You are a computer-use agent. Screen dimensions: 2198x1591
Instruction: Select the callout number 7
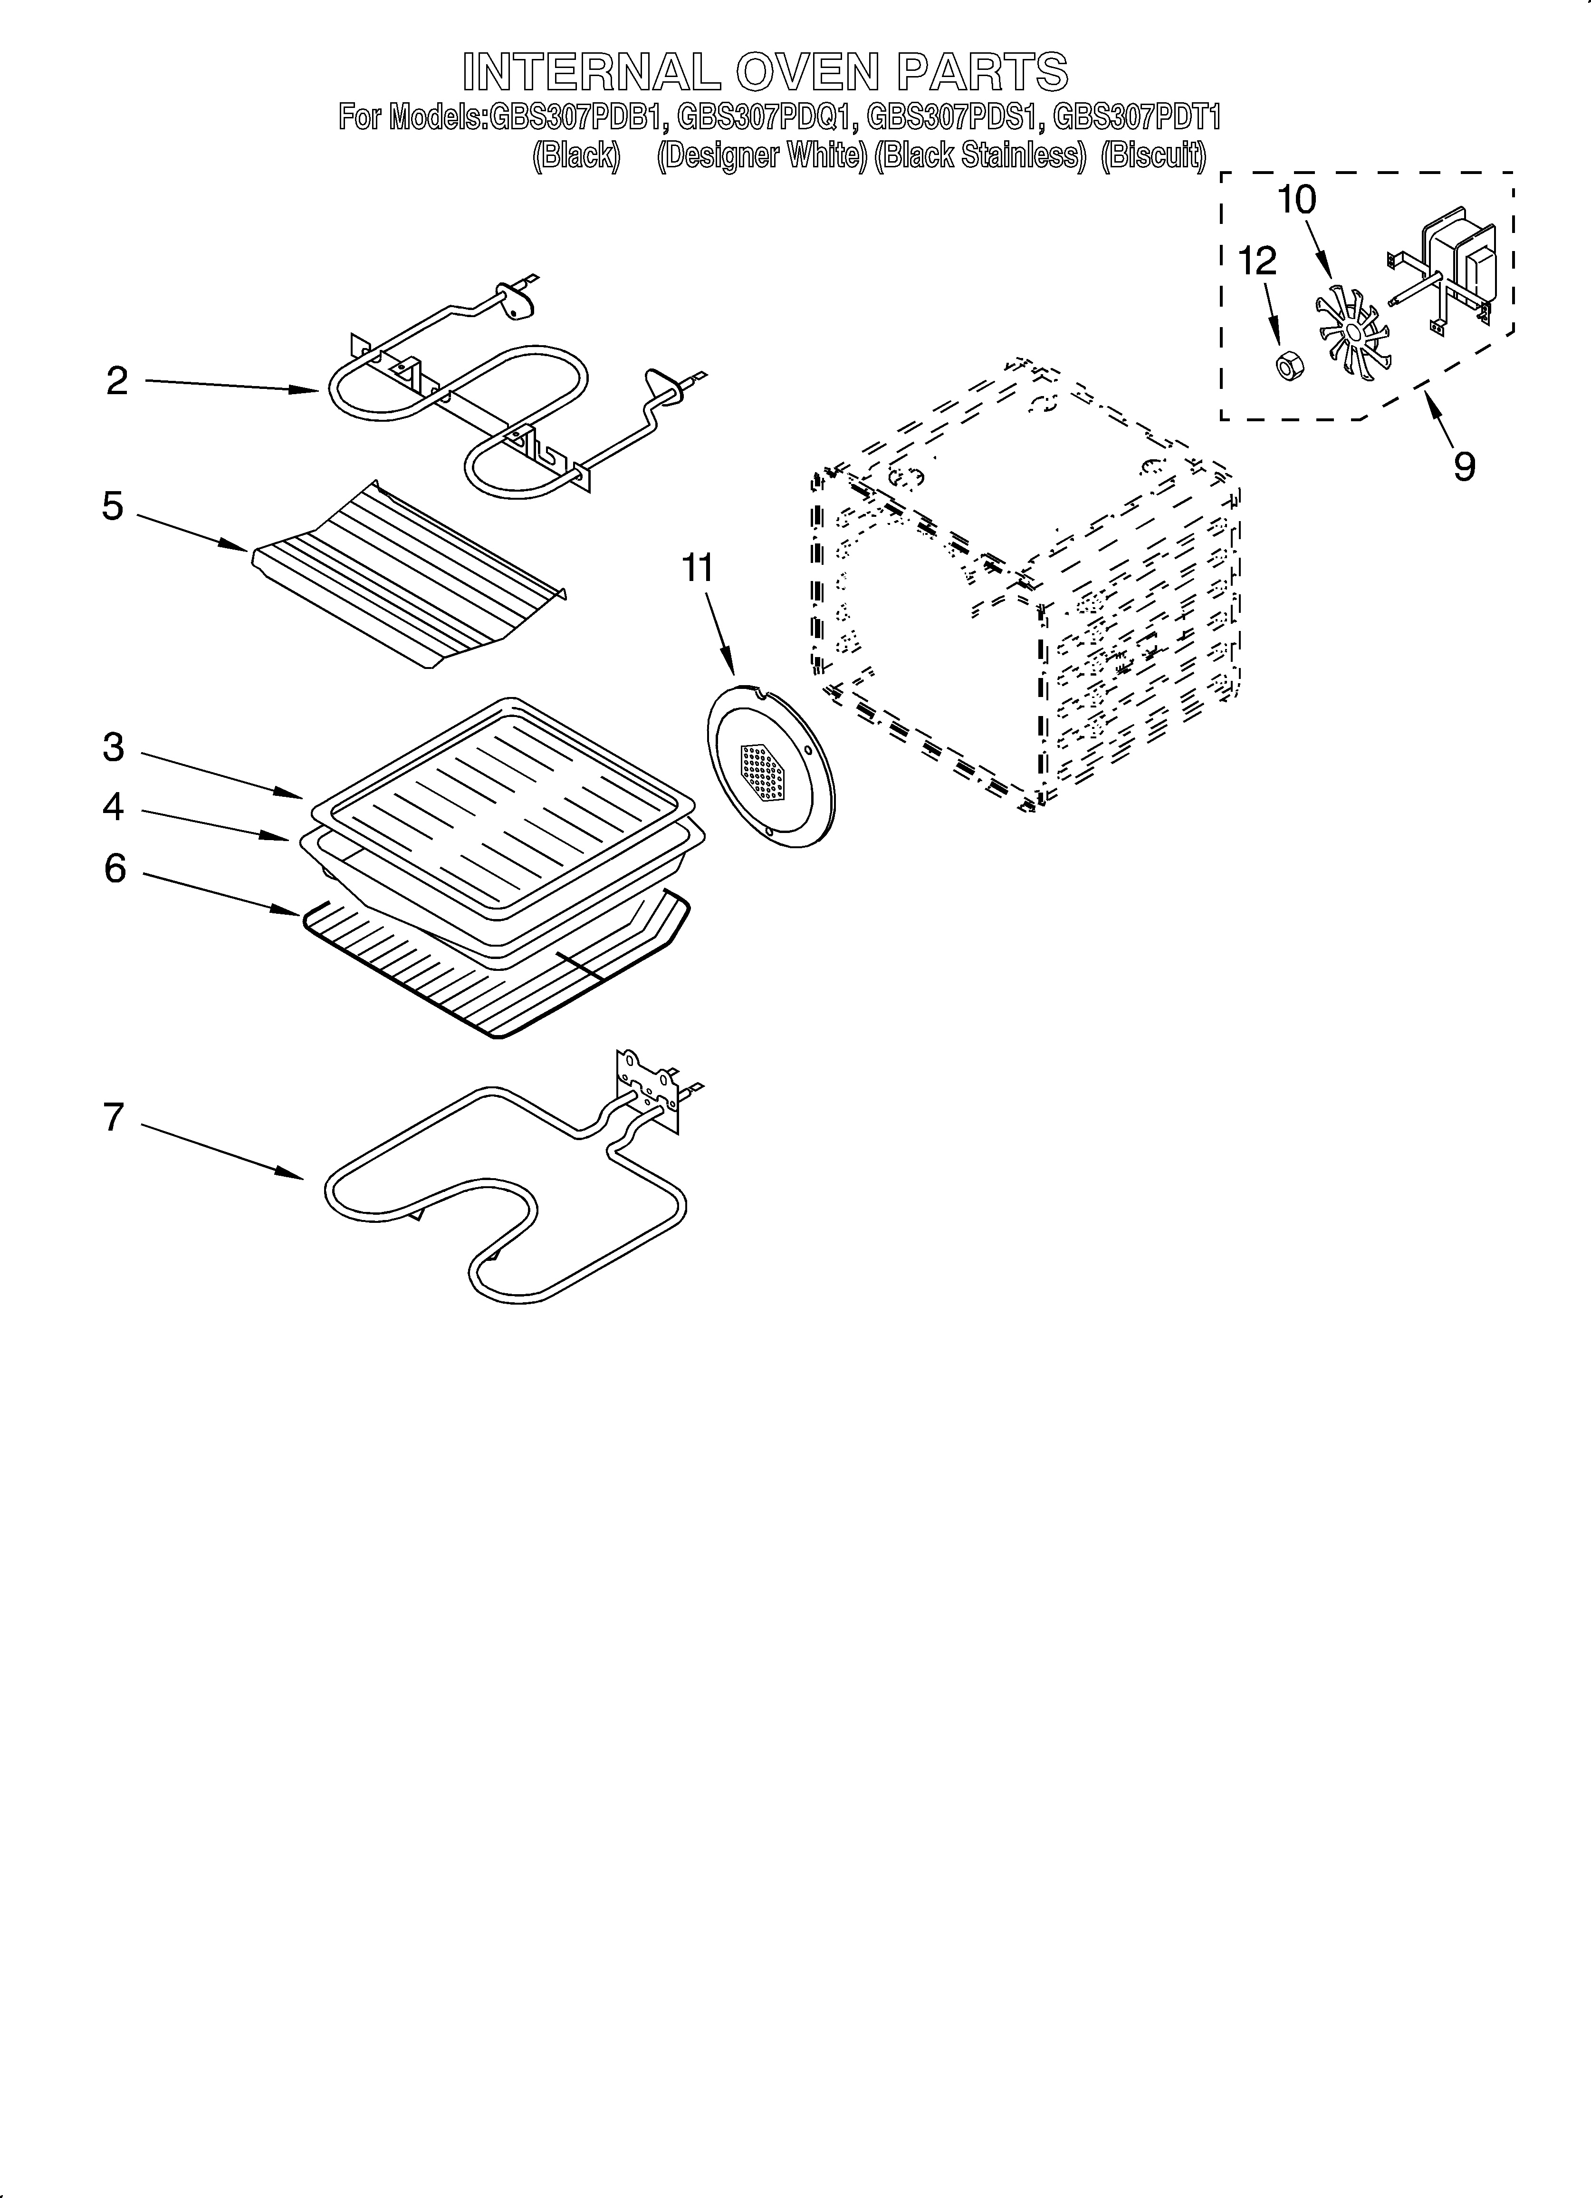click(x=114, y=1117)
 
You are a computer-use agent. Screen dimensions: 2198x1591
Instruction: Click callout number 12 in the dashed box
click(x=1258, y=261)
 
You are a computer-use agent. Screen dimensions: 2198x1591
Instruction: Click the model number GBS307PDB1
click(x=578, y=118)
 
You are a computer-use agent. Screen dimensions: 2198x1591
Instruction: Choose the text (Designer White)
click(x=762, y=156)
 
